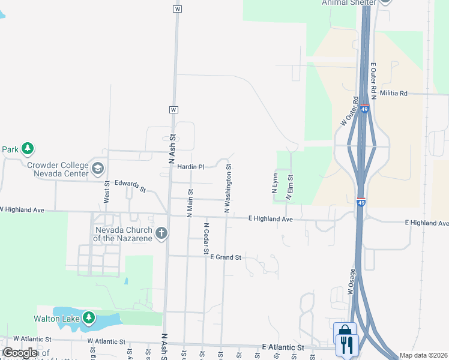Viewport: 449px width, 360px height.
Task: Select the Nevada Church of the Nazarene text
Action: point(123,234)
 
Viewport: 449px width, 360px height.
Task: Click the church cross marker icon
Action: point(161,233)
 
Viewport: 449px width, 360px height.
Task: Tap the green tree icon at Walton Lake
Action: point(89,317)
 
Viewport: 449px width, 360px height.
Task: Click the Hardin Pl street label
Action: point(191,167)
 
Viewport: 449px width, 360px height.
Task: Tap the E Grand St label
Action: point(225,257)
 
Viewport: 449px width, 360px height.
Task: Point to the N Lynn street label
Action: point(274,184)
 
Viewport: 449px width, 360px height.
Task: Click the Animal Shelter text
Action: point(349,3)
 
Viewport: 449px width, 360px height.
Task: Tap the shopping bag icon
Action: point(345,331)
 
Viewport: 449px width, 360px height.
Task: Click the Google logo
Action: point(19,353)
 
